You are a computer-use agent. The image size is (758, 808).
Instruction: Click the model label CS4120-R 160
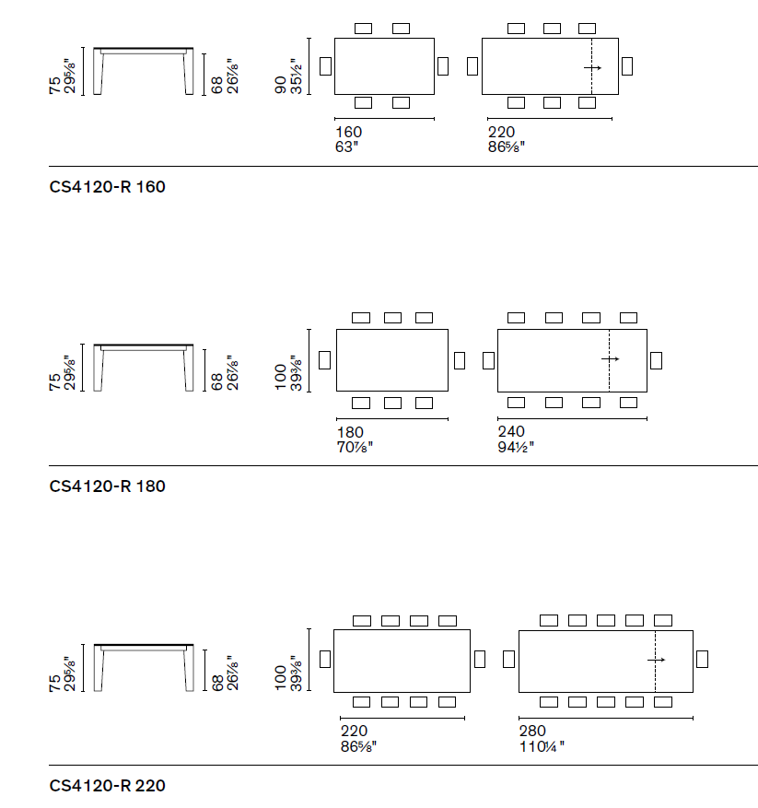click(108, 187)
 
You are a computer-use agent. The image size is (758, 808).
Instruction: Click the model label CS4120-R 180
click(108, 486)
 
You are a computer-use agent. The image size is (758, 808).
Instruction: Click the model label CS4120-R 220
click(108, 786)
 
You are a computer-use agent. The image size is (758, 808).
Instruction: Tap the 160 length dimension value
click(348, 133)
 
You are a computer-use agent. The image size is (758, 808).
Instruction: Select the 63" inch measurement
click(345, 147)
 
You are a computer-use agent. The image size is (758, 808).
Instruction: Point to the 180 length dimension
click(350, 432)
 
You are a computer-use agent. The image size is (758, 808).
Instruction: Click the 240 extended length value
click(511, 432)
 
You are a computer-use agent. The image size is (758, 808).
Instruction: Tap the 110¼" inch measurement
click(542, 745)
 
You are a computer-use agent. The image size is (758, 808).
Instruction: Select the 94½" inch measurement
click(516, 447)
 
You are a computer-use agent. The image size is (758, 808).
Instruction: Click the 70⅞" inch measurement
click(356, 447)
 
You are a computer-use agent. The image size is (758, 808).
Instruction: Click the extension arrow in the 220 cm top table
click(592, 68)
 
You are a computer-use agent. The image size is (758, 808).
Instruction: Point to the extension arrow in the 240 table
click(611, 358)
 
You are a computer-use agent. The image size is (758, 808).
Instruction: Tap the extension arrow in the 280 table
click(657, 660)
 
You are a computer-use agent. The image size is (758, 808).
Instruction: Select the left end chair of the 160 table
click(325, 65)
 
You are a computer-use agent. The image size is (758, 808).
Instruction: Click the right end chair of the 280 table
click(703, 659)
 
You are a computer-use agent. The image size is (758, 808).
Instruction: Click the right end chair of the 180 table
click(460, 359)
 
